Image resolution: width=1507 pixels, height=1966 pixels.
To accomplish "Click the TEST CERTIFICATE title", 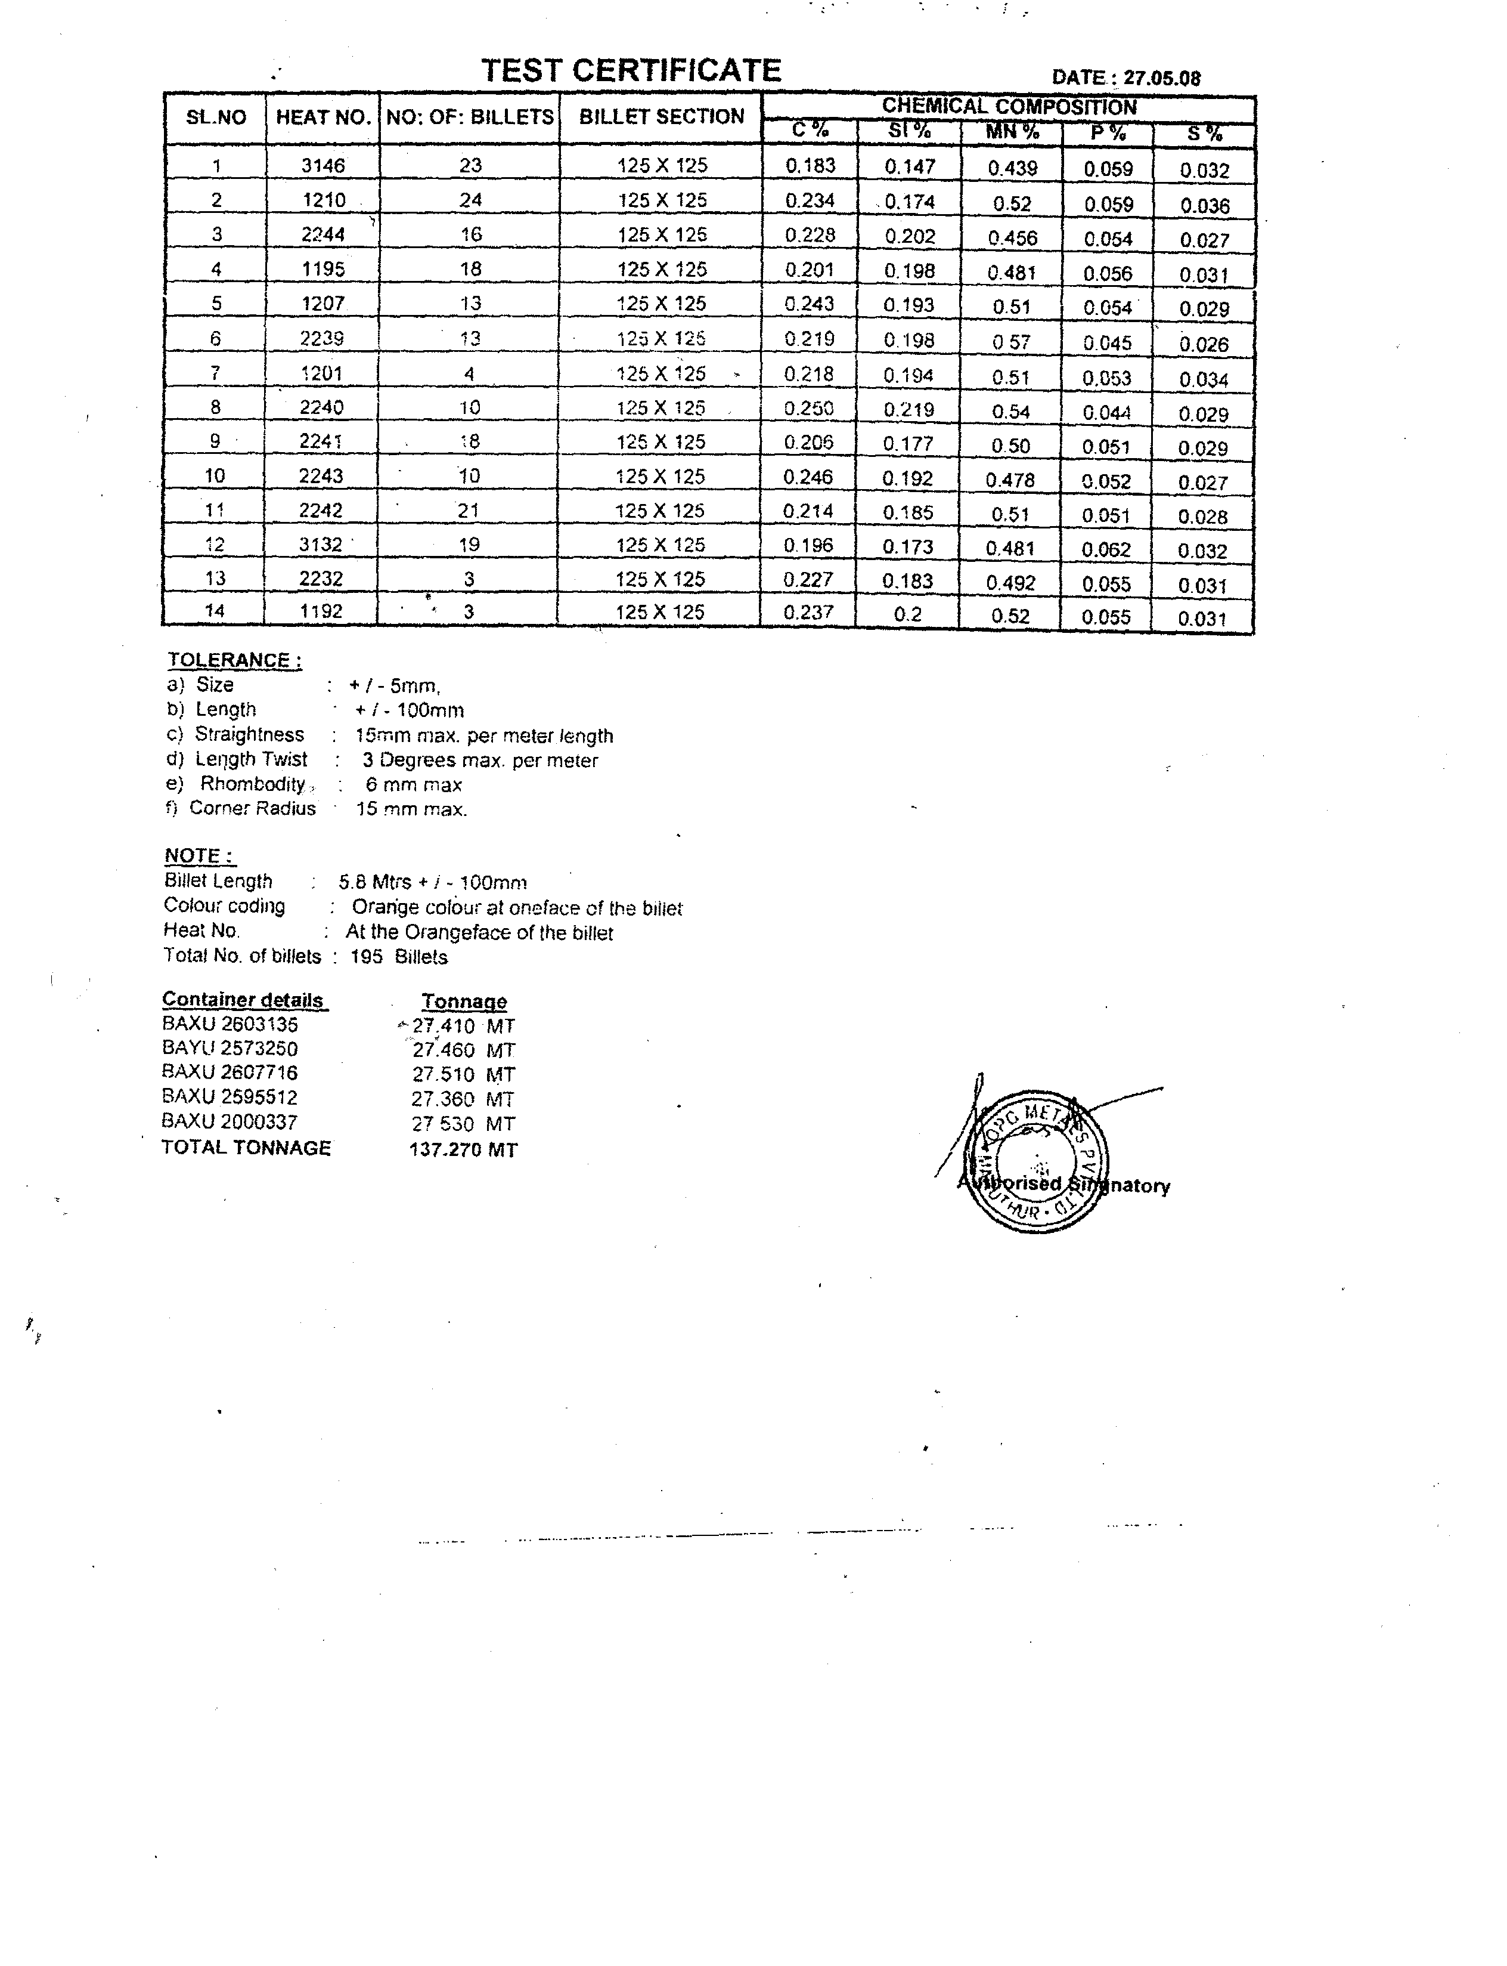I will pyautogui.click(x=631, y=70).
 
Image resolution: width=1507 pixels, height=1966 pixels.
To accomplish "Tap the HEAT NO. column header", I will pyautogui.click(x=323, y=117).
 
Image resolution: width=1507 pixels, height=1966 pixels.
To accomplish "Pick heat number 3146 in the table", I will pyautogui.click(x=323, y=165).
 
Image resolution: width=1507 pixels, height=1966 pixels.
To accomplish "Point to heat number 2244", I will pyautogui.click(x=323, y=235).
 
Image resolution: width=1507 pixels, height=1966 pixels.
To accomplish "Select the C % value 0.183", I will pyautogui.click(x=810, y=166).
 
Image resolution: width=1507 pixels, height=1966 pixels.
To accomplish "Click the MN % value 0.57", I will pyautogui.click(x=1011, y=342).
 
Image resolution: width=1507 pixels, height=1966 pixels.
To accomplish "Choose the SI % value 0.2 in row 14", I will pyautogui.click(x=908, y=614).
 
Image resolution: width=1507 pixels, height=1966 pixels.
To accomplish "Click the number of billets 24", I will pyautogui.click(x=470, y=200).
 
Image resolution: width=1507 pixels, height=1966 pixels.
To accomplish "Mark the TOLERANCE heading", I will pyautogui.click(x=234, y=660).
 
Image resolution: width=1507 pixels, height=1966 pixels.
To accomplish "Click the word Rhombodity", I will pyautogui.click(x=252, y=784).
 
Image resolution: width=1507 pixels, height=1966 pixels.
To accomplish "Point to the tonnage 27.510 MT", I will pyautogui.click(x=463, y=1074).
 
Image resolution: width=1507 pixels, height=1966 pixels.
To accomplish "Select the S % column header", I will pyautogui.click(x=1203, y=135).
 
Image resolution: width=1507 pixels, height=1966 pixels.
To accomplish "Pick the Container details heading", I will pyautogui.click(x=243, y=1000).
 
